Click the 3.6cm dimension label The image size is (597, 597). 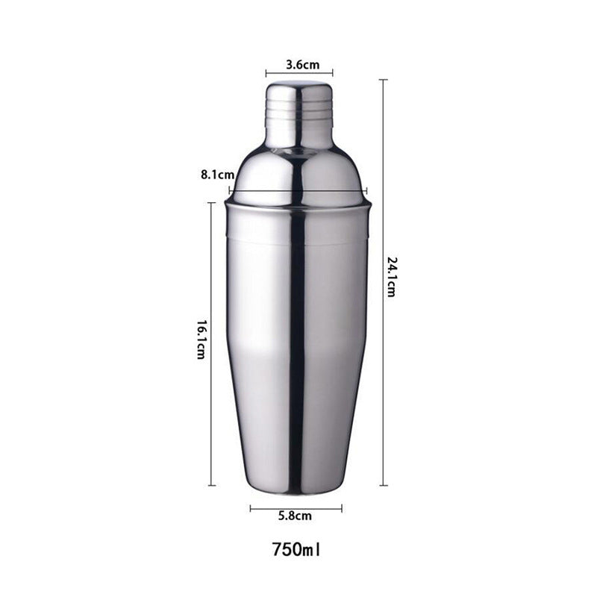click(299, 64)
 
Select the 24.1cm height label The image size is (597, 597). click(391, 277)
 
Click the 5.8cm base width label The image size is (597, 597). click(295, 516)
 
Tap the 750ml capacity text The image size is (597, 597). click(296, 550)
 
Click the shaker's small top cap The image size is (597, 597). click(299, 112)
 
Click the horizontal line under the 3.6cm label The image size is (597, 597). click(299, 74)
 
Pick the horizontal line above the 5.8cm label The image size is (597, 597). click(296, 508)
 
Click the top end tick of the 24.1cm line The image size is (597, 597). click(383, 80)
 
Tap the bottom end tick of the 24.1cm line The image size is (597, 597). click(383, 485)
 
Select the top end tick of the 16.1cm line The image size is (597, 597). click(212, 203)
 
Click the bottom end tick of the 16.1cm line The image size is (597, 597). click(212, 485)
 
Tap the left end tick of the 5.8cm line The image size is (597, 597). click(251, 508)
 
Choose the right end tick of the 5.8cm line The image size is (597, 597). click(341, 508)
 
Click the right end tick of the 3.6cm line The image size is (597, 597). click(332, 74)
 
